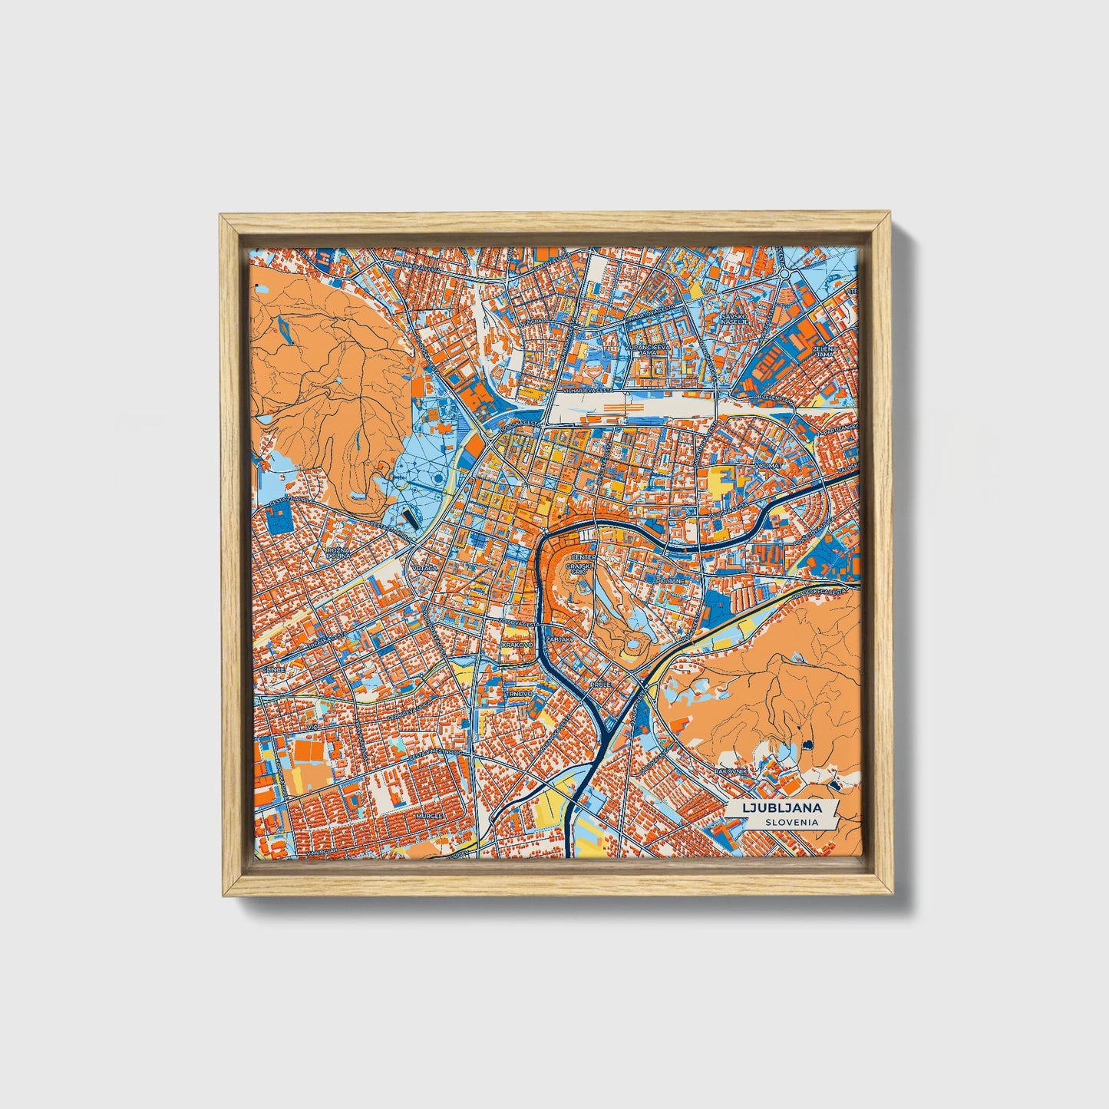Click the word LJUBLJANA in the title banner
pyautogui.click(x=781, y=808)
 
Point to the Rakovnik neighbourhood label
pyautogui.click(x=731, y=771)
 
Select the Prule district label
pyautogui.click(x=599, y=683)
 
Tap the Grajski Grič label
pyautogui.click(x=576, y=569)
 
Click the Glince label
pyautogui.click(x=273, y=669)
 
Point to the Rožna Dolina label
pyautogui.click(x=338, y=553)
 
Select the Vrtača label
pyautogui.click(x=423, y=567)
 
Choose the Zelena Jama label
pyautogui.click(x=824, y=352)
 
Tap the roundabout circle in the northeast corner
pyautogui.click(x=784, y=272)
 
